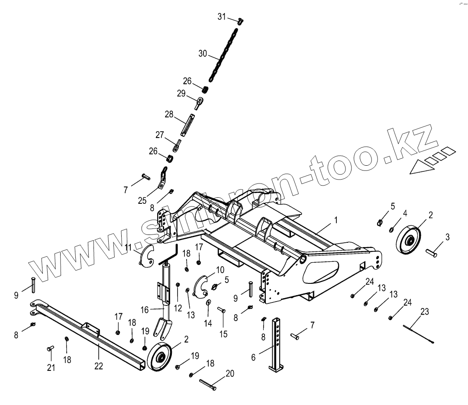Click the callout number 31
[x=221, y=16]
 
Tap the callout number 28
[x=169, y=115]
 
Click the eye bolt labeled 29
[x=200, y=103]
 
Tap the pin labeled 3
[x=432, y=251]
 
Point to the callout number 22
[x=99, y=366]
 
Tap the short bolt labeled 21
[x=50, y=348]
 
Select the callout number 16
[x=144, y=310]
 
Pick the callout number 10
[x=220, y=270]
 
